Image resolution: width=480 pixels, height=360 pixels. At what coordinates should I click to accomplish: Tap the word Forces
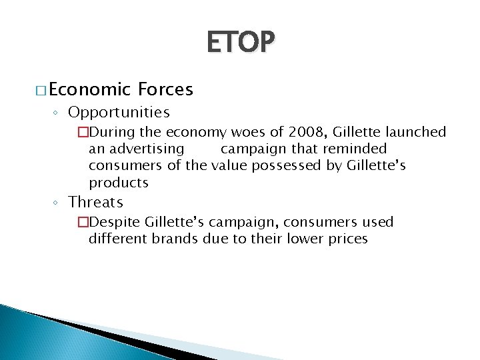point(166,89)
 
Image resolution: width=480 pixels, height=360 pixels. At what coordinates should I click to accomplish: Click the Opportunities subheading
point(119,111)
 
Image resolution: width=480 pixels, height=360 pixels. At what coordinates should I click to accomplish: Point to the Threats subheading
point(96,201)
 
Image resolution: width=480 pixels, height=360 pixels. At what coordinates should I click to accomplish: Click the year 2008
point(299,132)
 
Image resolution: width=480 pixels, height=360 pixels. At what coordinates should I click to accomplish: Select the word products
point(119,182)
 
